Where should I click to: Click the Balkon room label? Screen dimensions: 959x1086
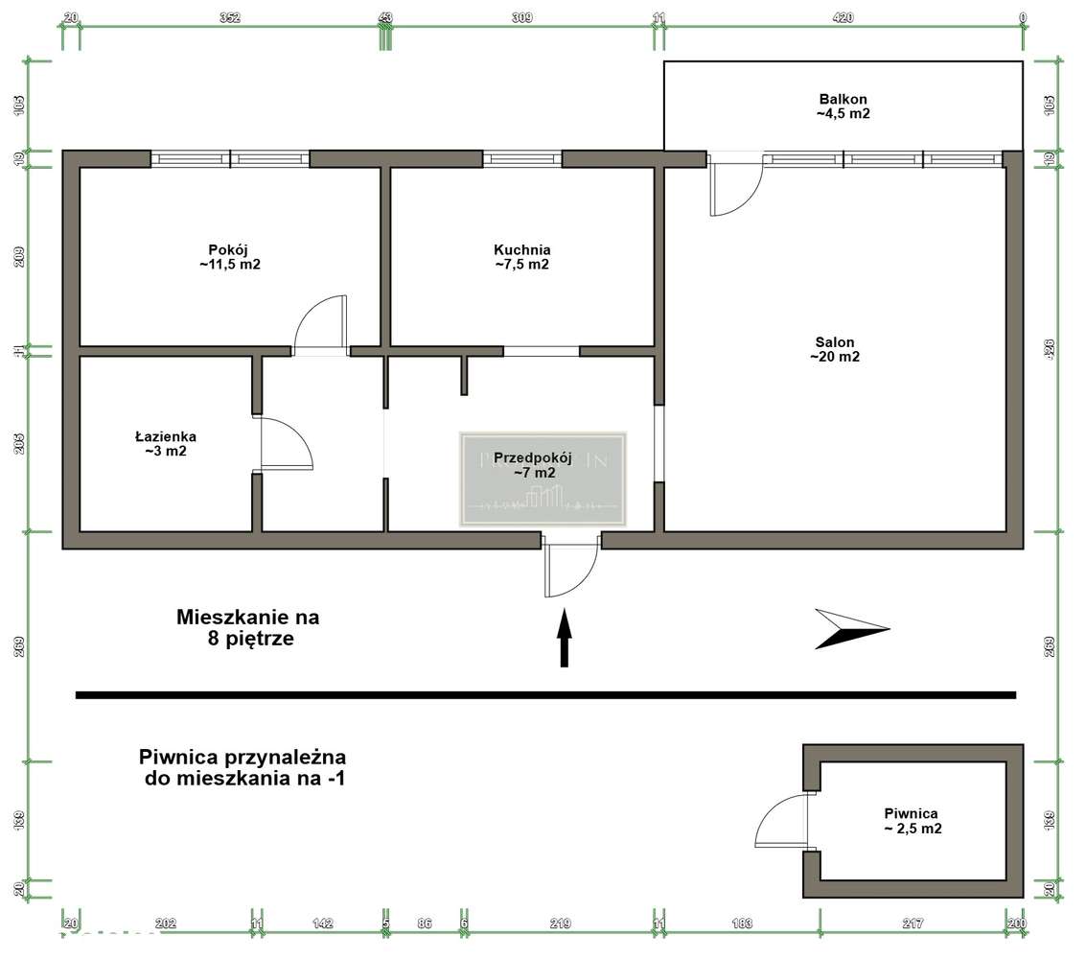tap(843, 105)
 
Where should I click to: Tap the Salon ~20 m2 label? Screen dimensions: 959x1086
tap(835, 349)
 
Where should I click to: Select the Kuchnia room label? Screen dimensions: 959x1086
tap(521, 257)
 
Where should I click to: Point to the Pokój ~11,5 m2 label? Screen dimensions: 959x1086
tap(230, 257)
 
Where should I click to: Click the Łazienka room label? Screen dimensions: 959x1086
tap(165, 443)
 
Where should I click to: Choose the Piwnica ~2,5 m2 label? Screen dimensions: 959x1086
tap(912, 821)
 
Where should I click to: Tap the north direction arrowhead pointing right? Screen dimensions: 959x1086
tap(849, 629)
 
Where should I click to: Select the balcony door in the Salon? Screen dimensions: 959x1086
tap(734, 184)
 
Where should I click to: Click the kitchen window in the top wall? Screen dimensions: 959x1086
tap(521, 159)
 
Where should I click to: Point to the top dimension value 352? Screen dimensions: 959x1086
tap(229, 17)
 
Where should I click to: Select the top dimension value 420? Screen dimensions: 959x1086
tap(843, 17)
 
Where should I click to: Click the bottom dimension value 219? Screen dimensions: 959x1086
tap(561, 924)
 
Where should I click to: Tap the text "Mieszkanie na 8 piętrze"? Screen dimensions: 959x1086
tap(247, 627)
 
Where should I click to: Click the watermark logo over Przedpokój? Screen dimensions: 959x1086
tap(543, 479)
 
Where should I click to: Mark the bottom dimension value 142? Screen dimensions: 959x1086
tap(323, 924)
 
